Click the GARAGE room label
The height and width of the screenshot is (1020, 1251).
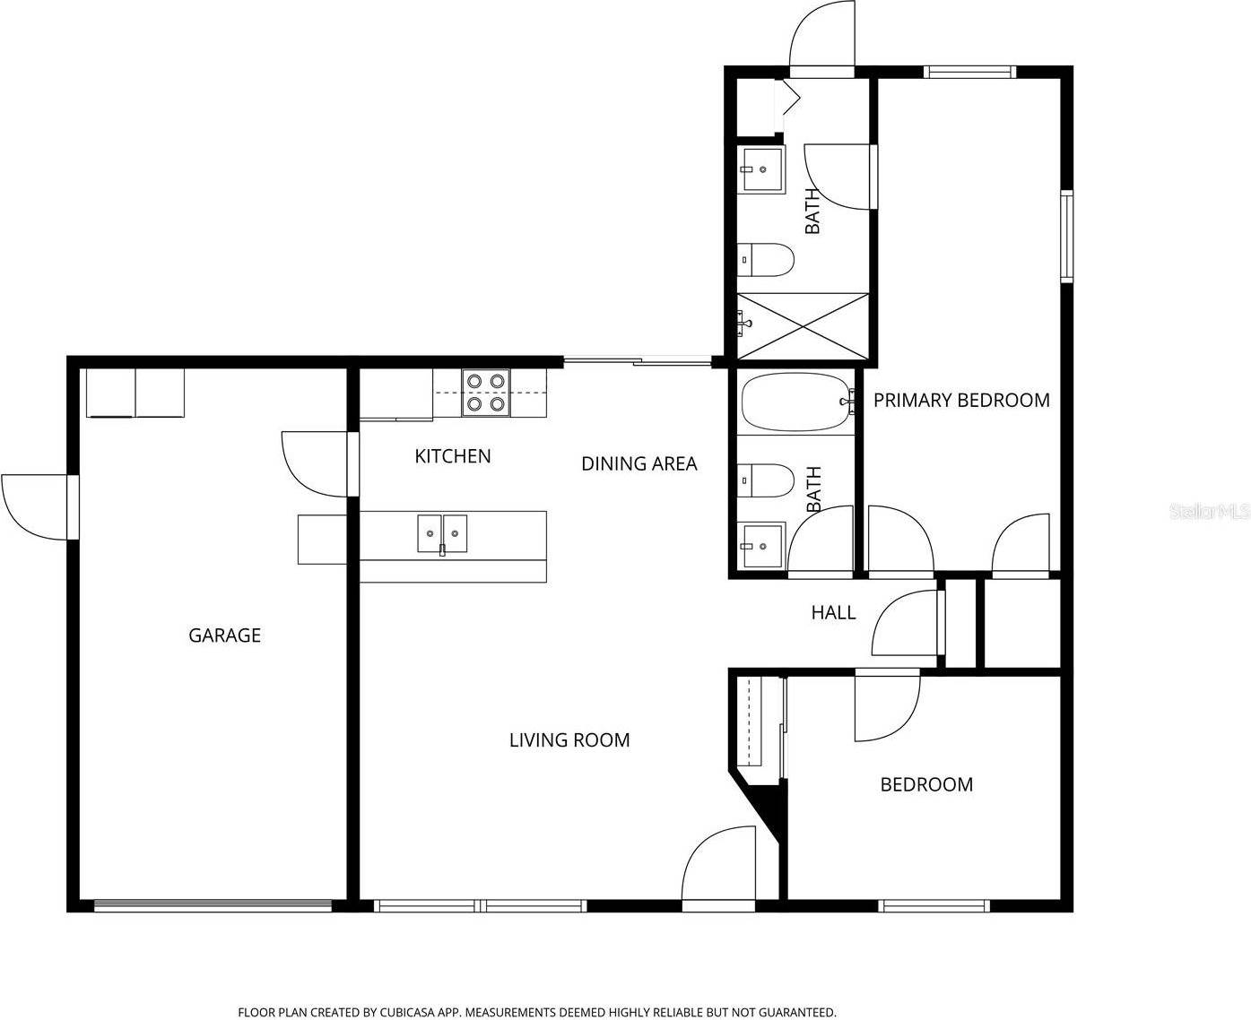(224, 635)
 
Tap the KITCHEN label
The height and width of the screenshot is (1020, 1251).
(452, 456)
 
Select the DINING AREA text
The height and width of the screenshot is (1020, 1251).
(639, 463)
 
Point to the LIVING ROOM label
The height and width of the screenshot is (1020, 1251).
(569, 740)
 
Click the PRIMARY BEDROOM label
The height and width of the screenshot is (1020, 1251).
(961, 401)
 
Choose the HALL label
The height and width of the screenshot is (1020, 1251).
(833, 613)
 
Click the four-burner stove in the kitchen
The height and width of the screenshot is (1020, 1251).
(485, 393)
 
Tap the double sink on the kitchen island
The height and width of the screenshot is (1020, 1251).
(442, 534)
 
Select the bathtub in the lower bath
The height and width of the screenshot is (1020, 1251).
(795, 402)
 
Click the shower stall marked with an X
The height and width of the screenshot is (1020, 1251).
(804, 324)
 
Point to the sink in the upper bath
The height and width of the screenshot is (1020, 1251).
(760, 169)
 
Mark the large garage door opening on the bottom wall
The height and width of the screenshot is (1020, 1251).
(213, 906)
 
